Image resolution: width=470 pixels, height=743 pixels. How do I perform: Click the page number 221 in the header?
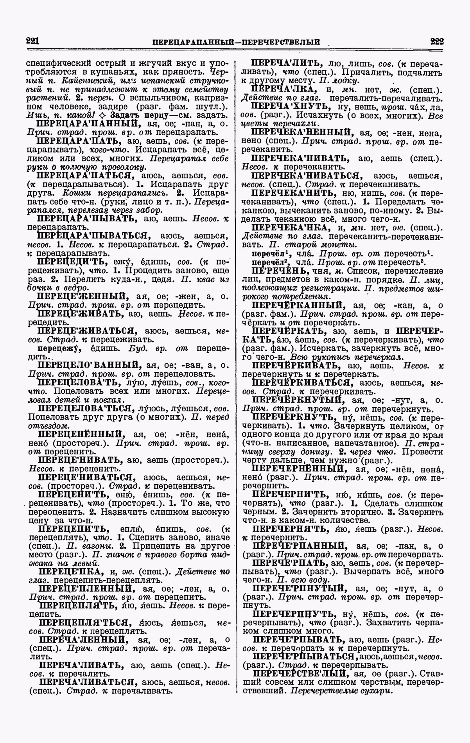[34, 41]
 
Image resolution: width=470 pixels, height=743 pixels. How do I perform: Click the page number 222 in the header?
[436, 41]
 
